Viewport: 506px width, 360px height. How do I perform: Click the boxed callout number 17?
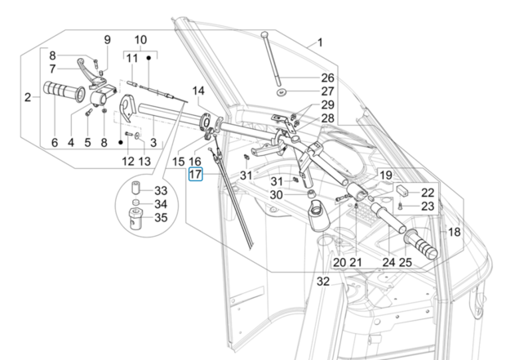tap(195, 174)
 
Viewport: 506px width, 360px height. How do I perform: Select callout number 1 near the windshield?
tap(320, 42)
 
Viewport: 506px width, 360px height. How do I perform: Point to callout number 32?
tap(323, 281)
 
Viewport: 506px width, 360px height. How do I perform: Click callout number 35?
tap(160, 217)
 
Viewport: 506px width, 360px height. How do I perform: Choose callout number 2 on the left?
tap(28, 98)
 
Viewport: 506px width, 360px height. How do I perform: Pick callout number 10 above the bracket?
tap(140, 39)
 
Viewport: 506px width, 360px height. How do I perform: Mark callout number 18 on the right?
tap(454, 232)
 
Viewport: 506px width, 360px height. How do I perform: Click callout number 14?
tap(198, 90)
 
